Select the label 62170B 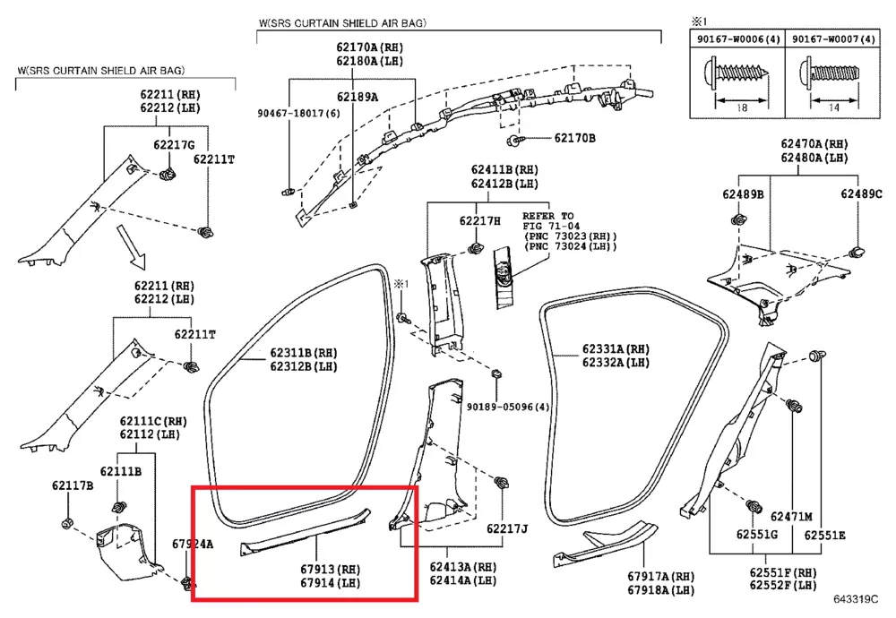pos(574,139)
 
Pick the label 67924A pos(193,544)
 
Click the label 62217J pos(507,528)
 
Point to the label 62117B pos(73,485)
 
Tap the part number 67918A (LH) pos(661,591)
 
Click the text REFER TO pos(547,216)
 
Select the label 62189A pos(358,97)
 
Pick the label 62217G pos(174,145)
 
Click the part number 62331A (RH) pos(615,349)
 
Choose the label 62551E pos(823,536)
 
